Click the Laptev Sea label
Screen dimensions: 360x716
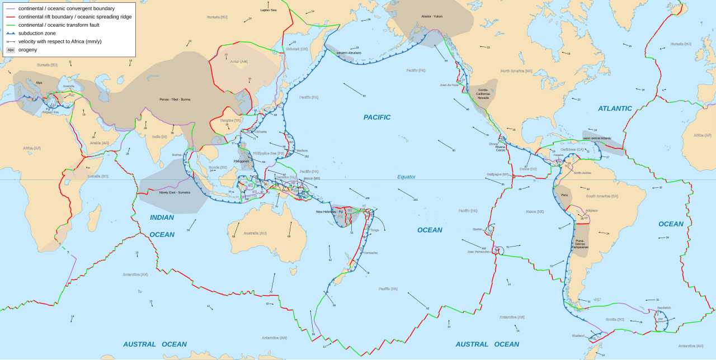coord(268,10)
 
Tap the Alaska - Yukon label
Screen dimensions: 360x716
coord(432,16)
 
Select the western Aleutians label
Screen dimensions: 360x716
coord(348,53)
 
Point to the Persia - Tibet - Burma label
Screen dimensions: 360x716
coord(175,100)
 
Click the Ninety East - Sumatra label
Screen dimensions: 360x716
coord(175,192)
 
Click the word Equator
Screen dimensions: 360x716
coord(406,177)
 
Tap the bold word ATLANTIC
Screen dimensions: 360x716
coord(615,108)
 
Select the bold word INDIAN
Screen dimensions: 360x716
coord(162,217)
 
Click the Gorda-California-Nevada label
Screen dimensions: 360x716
coord(483,93)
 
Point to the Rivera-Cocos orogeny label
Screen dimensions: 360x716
coord(501,149)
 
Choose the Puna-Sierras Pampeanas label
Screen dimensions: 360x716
coord(580,244)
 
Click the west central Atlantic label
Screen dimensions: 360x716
coord(597,138)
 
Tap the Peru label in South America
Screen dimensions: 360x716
coord(564,195)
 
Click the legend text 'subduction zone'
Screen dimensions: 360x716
coord(37,33)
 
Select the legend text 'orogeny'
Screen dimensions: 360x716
coord(27,50)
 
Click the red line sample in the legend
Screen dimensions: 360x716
coord(11,17)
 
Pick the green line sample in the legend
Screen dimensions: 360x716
coord(11,25)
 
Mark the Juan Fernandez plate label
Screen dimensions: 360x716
coord(479,252)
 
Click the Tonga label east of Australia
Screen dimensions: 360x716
coord(374,230)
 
